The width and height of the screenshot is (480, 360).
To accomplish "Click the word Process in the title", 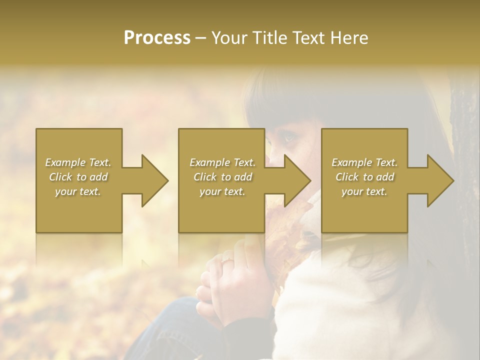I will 157,38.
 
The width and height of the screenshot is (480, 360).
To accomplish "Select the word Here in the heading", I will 349,38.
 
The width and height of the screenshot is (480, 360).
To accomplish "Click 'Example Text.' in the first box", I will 78,162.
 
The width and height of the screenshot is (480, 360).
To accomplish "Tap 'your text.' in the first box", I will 78,191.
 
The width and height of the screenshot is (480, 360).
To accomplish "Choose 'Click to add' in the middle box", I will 222,177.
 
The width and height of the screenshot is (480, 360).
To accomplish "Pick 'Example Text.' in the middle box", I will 222,162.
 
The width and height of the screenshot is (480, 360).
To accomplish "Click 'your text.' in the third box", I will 364,191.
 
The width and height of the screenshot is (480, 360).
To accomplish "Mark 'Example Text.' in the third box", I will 364,162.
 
